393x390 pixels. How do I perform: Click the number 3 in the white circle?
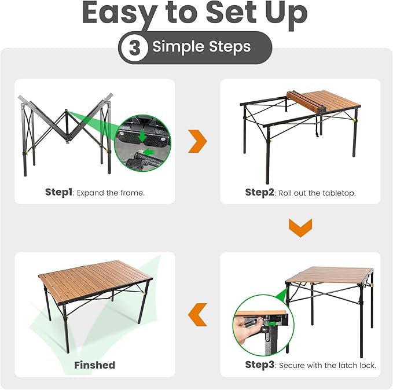pyautogui.click(x=134, y=47)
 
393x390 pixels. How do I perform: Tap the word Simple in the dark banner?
pyautogui.click(x=175, y=47)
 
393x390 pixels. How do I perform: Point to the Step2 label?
pyautogui.click(x=259, y=192)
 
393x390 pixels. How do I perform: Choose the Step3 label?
pyautogui.click(x=259, y=365)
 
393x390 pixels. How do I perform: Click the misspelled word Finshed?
pyautogui.click(x=94, y=365)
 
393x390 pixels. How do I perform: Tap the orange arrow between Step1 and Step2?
pyautogui.click(x=197, y=141)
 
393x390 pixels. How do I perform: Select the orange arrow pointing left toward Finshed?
pyautogui.click(x=198, y=314)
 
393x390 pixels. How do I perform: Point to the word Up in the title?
pyautogui.click(x=287, y=13)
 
